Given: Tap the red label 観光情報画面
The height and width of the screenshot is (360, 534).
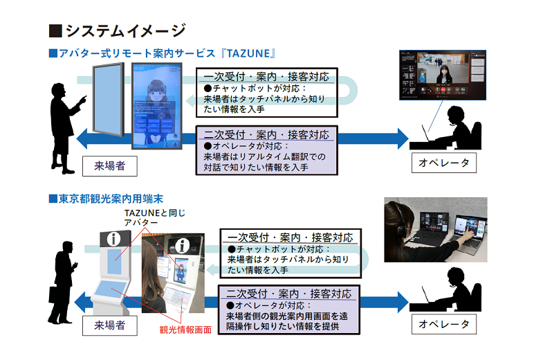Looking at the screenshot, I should pyautogui.click(x=185, y=330).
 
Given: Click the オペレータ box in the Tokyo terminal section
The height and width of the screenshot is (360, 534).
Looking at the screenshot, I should pyautogui.click(x=443, y=323).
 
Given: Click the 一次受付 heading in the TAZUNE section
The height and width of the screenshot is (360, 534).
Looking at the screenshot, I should pyautogui.click(x=266, y=76).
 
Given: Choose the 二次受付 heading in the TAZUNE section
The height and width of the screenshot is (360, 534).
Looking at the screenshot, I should pyautogui.click(x=266, y=134).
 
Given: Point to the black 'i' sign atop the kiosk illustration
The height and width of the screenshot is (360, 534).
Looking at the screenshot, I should pyautogui.click(x=115, y=239).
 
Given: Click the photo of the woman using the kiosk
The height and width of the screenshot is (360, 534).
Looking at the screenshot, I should pyautogui.click(x=167, y=270).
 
